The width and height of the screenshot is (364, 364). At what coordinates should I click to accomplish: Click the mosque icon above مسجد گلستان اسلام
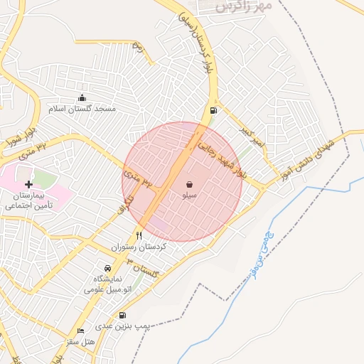click(82, 98)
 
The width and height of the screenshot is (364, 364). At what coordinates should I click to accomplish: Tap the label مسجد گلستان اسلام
click(82, 109)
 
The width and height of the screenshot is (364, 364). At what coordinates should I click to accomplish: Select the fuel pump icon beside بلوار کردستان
click(214, 111)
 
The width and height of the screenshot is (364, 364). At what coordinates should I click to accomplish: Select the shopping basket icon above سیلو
click(189, 184)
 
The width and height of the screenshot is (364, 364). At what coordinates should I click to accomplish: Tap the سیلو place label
click(189, 194)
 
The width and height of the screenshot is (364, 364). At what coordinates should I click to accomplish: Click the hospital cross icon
click(28, 185)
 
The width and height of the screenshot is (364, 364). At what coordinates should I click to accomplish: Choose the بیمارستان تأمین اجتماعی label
click(29, 200)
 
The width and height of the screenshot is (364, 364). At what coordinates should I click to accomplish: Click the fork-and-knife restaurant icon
click(139, 235)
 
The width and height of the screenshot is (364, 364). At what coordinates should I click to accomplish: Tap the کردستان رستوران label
click(139, 247)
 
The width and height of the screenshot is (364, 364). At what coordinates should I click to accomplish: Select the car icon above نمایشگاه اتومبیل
click(107, 269)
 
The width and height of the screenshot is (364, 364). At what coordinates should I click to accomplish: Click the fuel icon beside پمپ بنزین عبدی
click(124, 315)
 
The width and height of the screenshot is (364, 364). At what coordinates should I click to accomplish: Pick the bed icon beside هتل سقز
click(80, 331)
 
